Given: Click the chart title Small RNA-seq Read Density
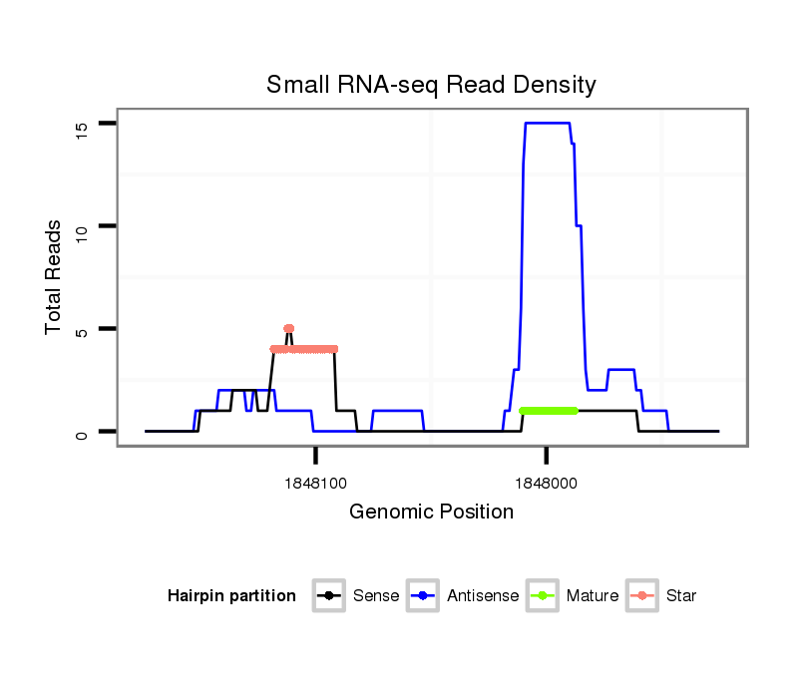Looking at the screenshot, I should tap(431, 85).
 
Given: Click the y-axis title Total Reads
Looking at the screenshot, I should tap(56, 277).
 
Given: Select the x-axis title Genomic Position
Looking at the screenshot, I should tap(431, 513).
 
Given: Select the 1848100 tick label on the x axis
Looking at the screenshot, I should tap(315, 483).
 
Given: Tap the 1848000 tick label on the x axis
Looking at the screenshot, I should tap(546, 483).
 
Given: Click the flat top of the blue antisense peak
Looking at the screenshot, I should tap(547, 123).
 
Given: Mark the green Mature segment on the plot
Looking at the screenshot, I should tap(548, 410).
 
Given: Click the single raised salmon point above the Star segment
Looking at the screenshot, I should tap(289, 328).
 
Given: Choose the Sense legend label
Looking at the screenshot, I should tap(376, 596).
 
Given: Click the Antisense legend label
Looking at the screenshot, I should tap(483, 596).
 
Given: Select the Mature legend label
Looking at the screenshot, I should tap(593, 596).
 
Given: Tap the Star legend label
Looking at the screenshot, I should tap(682, 596).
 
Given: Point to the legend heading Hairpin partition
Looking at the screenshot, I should tap(231, 596).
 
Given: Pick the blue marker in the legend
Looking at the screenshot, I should tap(425, 596).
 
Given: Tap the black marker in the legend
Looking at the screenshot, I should tap(330, 596).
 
